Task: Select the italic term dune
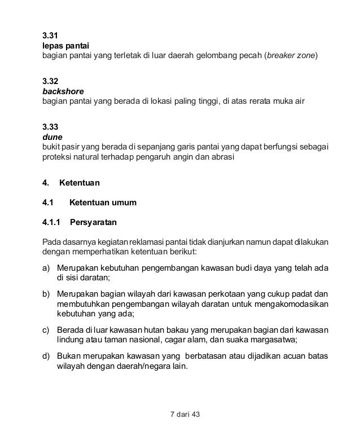pos(52,136)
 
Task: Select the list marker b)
pos(47,293)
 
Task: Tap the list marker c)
pos(47,330)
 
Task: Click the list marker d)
pos(47,355)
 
